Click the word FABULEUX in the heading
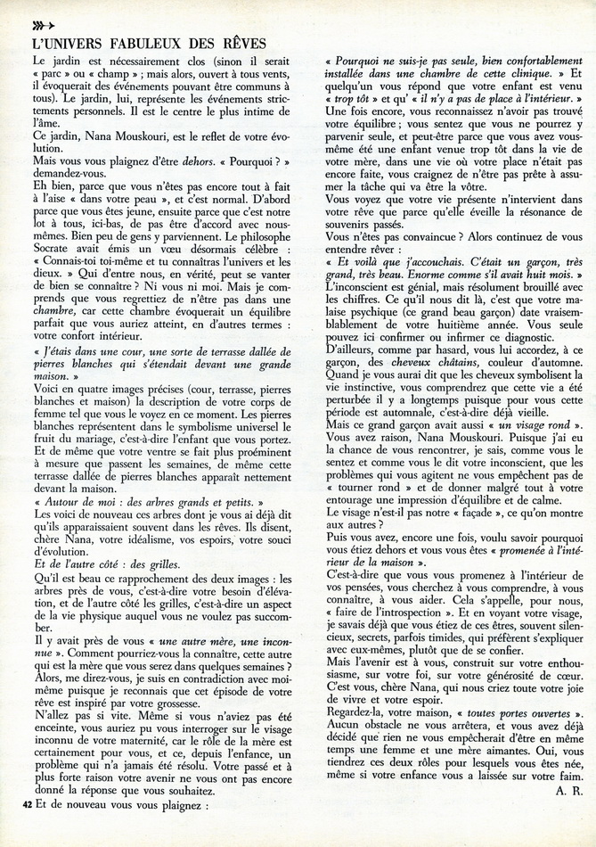tap(147, 43)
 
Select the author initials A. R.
tap(568, 789)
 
